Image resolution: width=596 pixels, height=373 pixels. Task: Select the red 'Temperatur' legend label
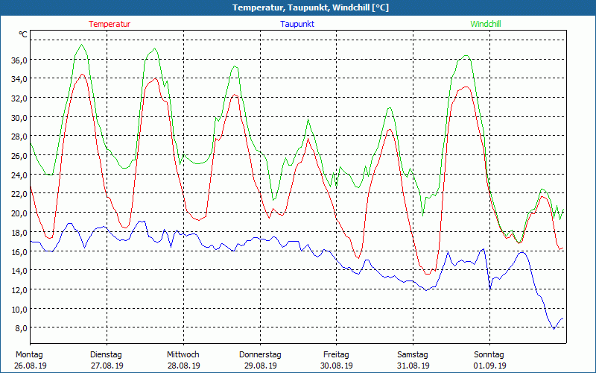point(110,24)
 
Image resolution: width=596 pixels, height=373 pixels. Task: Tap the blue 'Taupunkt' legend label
point(297,24)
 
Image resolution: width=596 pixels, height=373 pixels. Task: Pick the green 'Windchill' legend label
point(486,24)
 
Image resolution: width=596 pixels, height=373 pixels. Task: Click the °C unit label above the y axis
point(23,35)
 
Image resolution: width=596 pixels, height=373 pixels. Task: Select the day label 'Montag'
point(29,354)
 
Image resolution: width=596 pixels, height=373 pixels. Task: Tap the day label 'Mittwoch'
point(183,354)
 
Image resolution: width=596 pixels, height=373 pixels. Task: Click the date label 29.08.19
point(260,366)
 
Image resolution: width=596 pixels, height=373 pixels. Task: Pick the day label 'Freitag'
point(336,354)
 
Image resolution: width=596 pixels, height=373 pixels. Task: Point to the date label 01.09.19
point(489,366)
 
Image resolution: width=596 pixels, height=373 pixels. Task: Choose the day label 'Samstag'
point(413,354)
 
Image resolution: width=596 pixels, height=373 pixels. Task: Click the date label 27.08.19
point(107,366)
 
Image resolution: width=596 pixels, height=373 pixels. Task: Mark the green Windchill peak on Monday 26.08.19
point(81,45)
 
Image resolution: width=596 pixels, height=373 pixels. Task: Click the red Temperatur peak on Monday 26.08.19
point(82,74)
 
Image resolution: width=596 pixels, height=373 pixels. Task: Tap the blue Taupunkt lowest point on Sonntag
point(554,329)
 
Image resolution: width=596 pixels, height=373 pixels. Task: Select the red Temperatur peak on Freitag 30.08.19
point(389,129)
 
